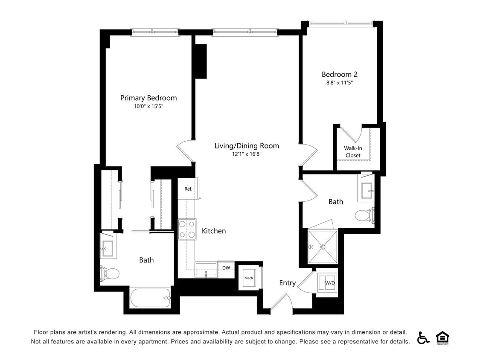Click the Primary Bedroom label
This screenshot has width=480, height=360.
(x=148, y=98)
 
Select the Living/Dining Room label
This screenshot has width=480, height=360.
(x=247, y=146)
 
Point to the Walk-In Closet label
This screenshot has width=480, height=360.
(x=353, y=152)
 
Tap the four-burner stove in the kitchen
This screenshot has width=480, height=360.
(x=187, y=229)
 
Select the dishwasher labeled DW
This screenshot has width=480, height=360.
(x=226, y=268)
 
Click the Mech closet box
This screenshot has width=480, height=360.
(x=249, y=278)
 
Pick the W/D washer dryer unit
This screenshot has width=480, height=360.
(x=329, y=282)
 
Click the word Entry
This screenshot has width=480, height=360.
(x=287, y=283)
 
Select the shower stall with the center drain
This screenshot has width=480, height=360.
(x=323, y=247)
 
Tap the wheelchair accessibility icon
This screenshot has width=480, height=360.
(x=423, y=337)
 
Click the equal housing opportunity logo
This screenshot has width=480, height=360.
(x=442, y=338)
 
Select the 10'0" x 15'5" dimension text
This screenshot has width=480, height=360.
(x=148, y=107)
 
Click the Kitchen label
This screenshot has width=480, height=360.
(x=214, y=231)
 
